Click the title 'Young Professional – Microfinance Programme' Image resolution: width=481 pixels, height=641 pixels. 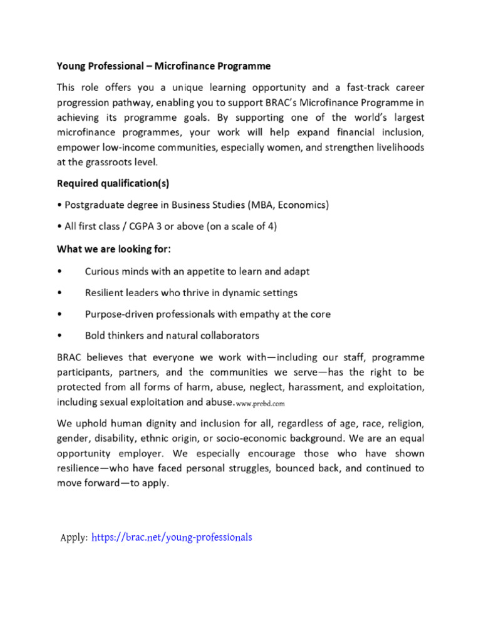pyautogui.click(x=163, y=65)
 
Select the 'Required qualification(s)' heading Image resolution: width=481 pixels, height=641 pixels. pyautogui.click(x=113, y=183)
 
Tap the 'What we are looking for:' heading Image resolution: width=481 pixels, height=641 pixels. pyautogui.click(x=114, y=249)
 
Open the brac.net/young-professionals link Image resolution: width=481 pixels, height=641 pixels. pyautogui.click(x=172, y=537)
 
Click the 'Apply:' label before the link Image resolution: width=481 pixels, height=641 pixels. pyautogui.click(x=74, y=537)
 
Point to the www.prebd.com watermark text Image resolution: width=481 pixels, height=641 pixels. pyautogui.click(x=260, y=403)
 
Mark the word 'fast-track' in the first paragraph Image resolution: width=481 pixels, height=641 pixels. pyautogui.click(x=359, y=86)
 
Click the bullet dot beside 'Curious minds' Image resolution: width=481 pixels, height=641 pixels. pyautogui.click(x=59, y=272)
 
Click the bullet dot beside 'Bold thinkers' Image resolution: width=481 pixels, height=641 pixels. pyautogui.click(x=59, y=336)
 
